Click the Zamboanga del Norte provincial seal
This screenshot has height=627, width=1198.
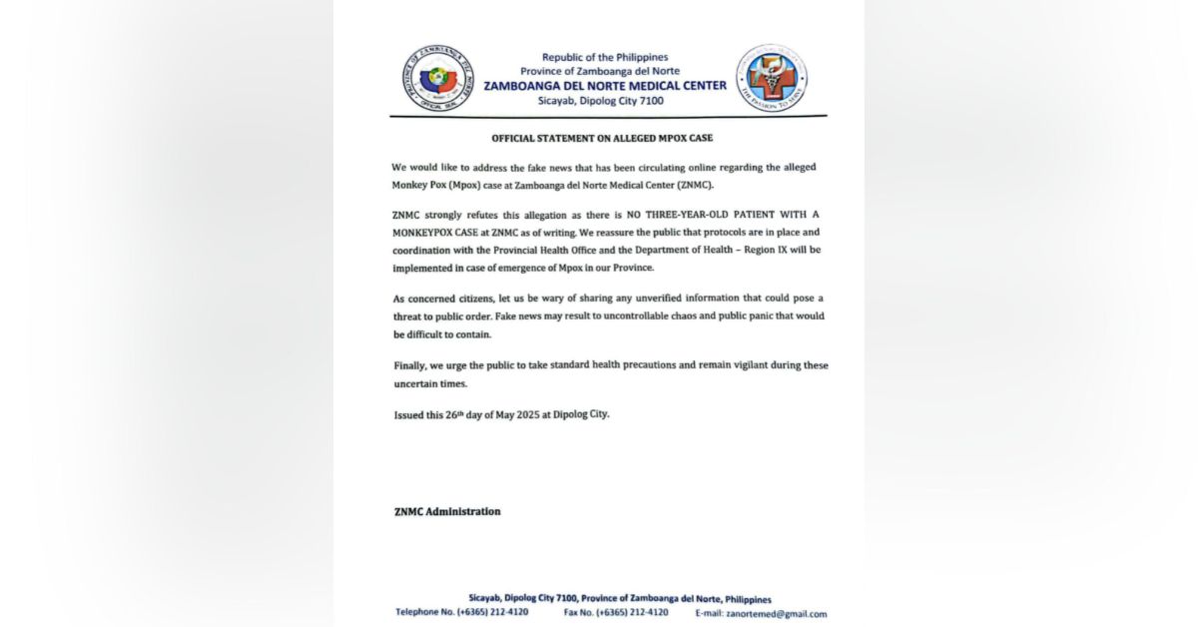[438, 78]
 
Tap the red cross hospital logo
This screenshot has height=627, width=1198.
[772, 78]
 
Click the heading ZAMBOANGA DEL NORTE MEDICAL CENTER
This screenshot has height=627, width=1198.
[605, 86]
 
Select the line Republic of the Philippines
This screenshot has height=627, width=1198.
[605, 57]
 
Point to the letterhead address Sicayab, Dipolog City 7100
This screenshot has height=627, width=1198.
[605, 101]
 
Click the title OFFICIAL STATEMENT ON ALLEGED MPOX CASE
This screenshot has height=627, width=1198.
[602, 138]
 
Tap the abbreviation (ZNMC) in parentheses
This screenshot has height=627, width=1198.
[694, 186]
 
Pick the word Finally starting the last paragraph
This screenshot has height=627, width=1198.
[412, 365]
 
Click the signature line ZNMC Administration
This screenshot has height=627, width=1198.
[447, 511]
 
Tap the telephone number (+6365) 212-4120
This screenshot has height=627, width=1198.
[492, 612]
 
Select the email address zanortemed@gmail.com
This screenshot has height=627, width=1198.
[776, 613]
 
